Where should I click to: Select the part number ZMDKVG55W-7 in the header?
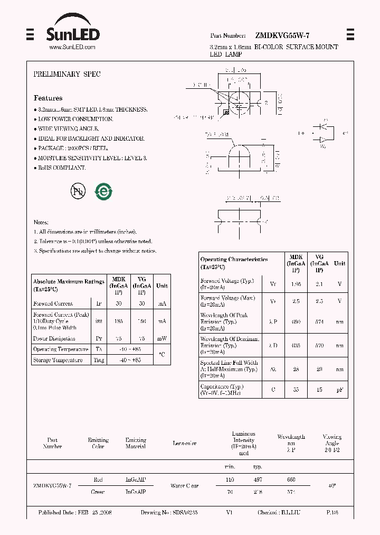282,35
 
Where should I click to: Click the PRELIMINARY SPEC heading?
67,75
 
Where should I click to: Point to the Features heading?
48,98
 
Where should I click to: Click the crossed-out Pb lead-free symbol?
78,191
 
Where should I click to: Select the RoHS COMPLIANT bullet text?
62,168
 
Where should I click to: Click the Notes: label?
41,223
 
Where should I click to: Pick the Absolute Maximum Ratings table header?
69,285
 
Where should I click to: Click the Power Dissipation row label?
54,338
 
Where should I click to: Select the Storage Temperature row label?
58,360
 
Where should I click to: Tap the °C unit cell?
161,355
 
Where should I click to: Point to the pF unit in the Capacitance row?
340,390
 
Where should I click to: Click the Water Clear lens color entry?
185,485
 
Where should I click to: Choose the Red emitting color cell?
98,479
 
